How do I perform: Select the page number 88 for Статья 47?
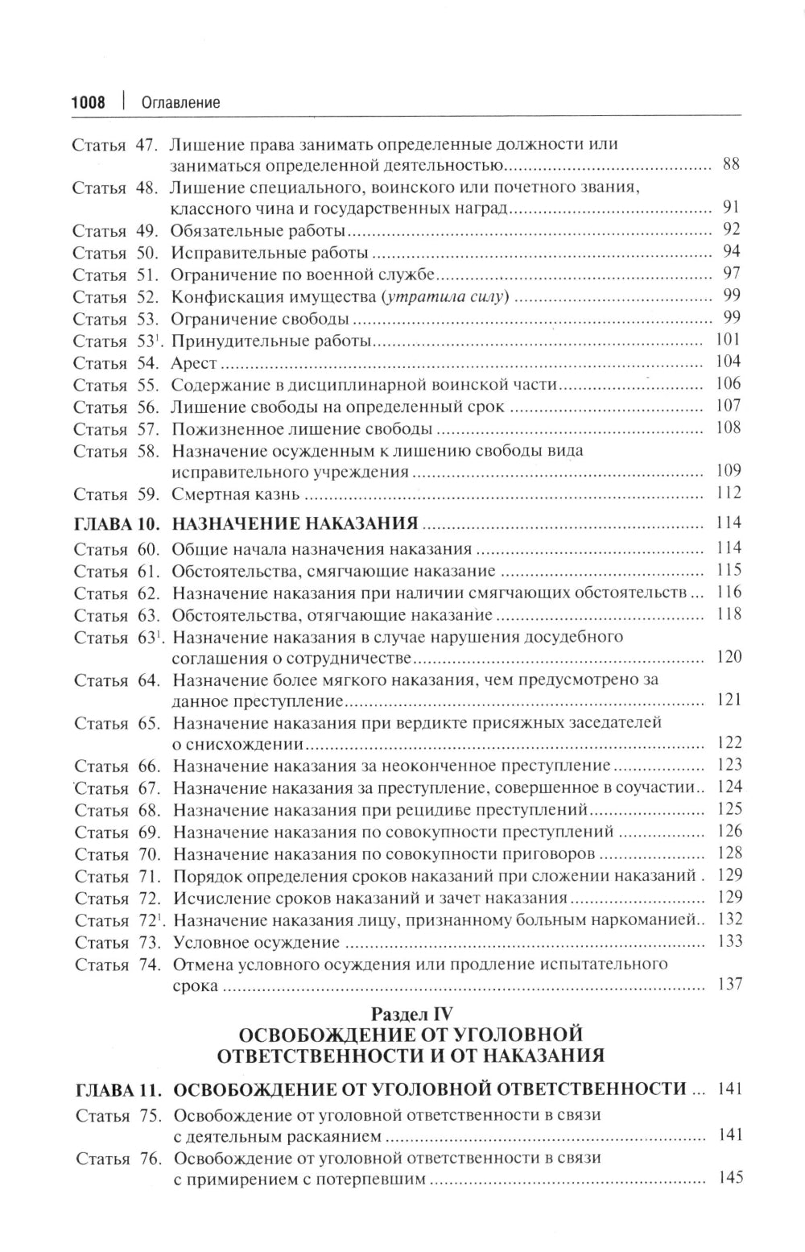[731, 165]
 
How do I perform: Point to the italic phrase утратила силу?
[444, 297]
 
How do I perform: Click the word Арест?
[194, 363]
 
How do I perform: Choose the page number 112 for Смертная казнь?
[729, 493]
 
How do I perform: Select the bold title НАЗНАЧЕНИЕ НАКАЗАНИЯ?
[295, 524]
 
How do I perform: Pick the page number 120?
[729, 658]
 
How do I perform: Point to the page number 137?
[729, 984]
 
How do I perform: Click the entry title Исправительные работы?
[262, 253]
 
